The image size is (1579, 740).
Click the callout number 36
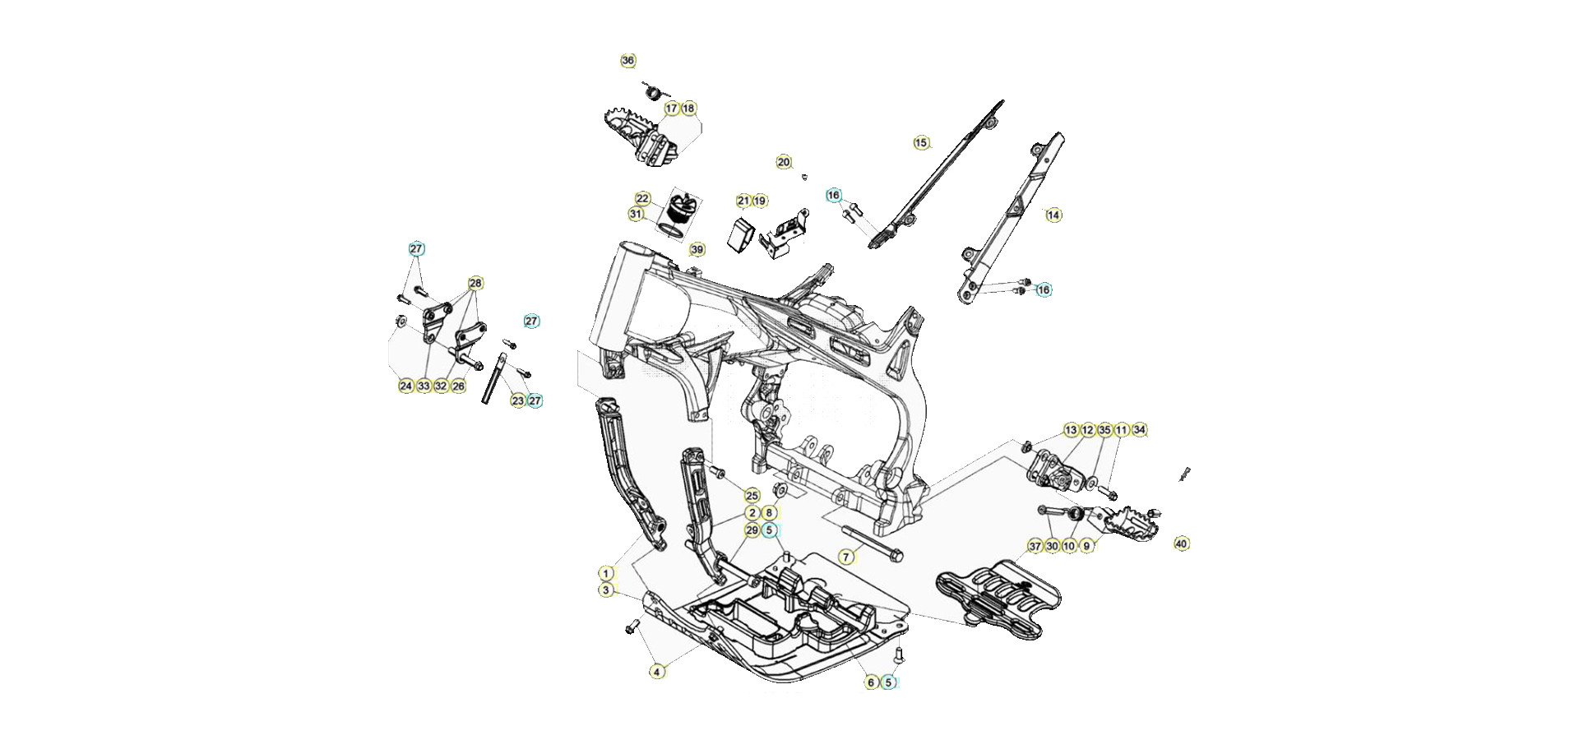[628, 61]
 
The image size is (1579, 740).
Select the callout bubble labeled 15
[921, 143]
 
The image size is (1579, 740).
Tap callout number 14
[1053, 215]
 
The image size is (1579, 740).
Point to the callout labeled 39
[697, 250]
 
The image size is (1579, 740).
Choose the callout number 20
[784, 163]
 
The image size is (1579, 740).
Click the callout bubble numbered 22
[643, 199]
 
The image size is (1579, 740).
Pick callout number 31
[637, 215]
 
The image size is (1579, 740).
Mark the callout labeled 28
[475, 284]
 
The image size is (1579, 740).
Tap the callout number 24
[406, 386]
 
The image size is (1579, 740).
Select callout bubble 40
[1182, 543]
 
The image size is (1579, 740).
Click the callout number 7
[846, 557]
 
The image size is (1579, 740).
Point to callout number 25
[752, 496]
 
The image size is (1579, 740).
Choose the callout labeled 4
[656, 672]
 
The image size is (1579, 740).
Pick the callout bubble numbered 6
[871, 682]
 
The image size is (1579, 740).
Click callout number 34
[1139, 430]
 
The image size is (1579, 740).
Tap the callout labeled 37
[1035, 546]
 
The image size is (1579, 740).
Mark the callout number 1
[606, 573]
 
